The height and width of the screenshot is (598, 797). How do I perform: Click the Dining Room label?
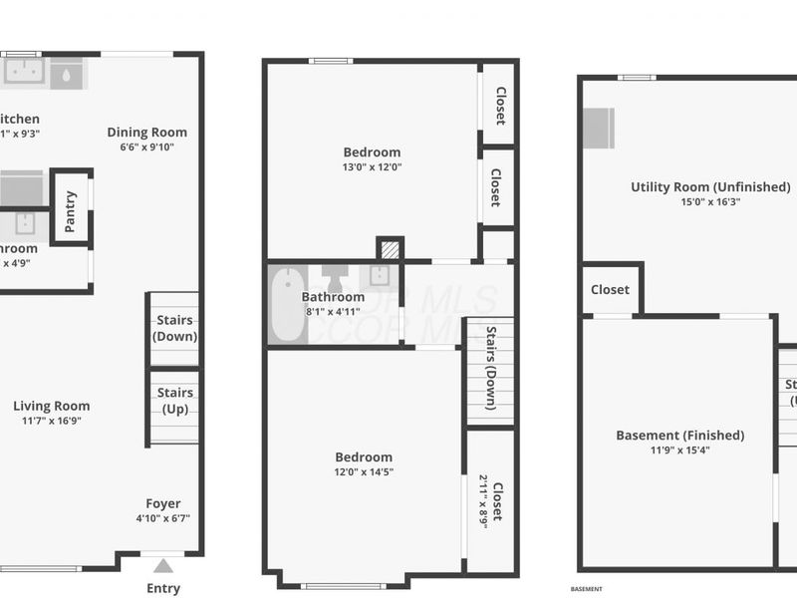[147, 132]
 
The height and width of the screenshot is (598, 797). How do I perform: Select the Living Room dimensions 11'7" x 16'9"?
[52, 421]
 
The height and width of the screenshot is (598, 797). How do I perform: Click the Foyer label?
[163, 503]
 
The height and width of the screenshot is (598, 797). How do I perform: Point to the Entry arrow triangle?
[163, 566]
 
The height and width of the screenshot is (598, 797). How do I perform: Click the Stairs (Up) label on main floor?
[175, 401]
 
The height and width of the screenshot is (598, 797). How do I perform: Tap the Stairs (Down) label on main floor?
[175, 328]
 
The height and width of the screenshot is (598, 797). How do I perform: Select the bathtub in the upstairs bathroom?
[287, 304]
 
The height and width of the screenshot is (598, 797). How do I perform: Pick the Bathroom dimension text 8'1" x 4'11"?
[334, 312]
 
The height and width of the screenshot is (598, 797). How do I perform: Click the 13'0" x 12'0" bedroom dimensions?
[372, 167]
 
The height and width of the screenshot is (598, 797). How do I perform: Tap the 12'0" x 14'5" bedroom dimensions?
[364, 472]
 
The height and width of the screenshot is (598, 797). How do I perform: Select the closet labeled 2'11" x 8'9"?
[491, 501]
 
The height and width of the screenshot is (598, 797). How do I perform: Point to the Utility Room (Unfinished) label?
[710, 186]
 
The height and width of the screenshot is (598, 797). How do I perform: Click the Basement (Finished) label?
[680, 435]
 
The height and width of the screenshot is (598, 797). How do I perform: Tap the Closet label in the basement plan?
[610, 289]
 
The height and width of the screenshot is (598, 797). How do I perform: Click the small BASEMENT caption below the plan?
[587, 589]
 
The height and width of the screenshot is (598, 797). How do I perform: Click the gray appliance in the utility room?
[598, 128]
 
